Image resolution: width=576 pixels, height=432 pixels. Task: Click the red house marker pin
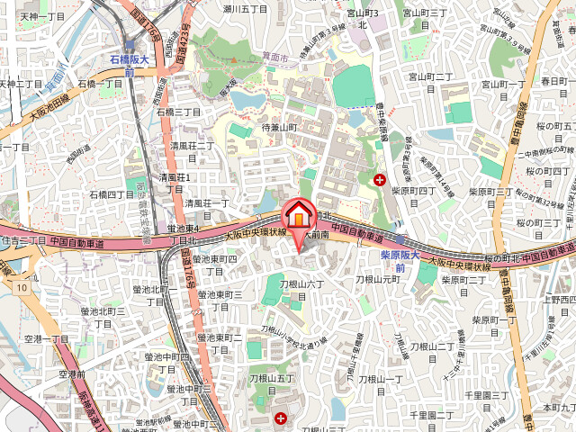click(x=296, y=215)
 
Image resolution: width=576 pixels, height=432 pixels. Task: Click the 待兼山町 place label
click(x=279, y=129)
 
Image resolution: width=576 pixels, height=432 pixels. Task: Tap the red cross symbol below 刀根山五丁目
click(x=282, y=418)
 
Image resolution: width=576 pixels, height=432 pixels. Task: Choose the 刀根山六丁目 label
click(x=301, y=289)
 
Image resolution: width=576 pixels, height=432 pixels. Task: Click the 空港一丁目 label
click(x=46, y=338)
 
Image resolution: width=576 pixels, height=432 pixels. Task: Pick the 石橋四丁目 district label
click(x=112, y=194)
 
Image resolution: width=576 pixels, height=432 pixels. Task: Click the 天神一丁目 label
click(x=41, y=16)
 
